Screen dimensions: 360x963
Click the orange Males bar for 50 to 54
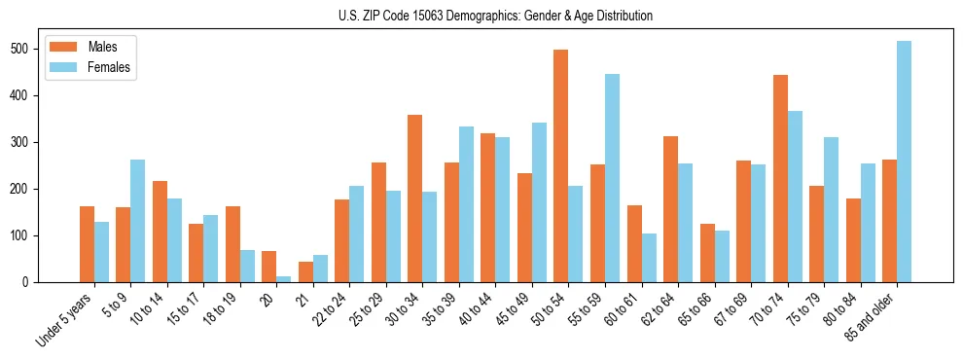click(x=560, y=165)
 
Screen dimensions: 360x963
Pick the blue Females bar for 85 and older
click(x=904, y=162)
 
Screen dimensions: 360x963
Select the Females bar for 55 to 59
click(x=612, y=178)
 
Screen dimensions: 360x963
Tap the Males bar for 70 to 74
click(x=780, y=178)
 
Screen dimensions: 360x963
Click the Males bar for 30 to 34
click(x=414, y=198)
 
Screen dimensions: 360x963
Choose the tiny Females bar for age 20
click(x=283, y=279)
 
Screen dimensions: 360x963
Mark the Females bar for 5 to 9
click(x=137, y=221)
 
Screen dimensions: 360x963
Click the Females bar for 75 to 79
click(x=831, y=209)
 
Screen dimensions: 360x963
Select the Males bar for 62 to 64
click(x=670, y=209)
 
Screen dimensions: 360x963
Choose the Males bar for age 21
click(x=305, y=271)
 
